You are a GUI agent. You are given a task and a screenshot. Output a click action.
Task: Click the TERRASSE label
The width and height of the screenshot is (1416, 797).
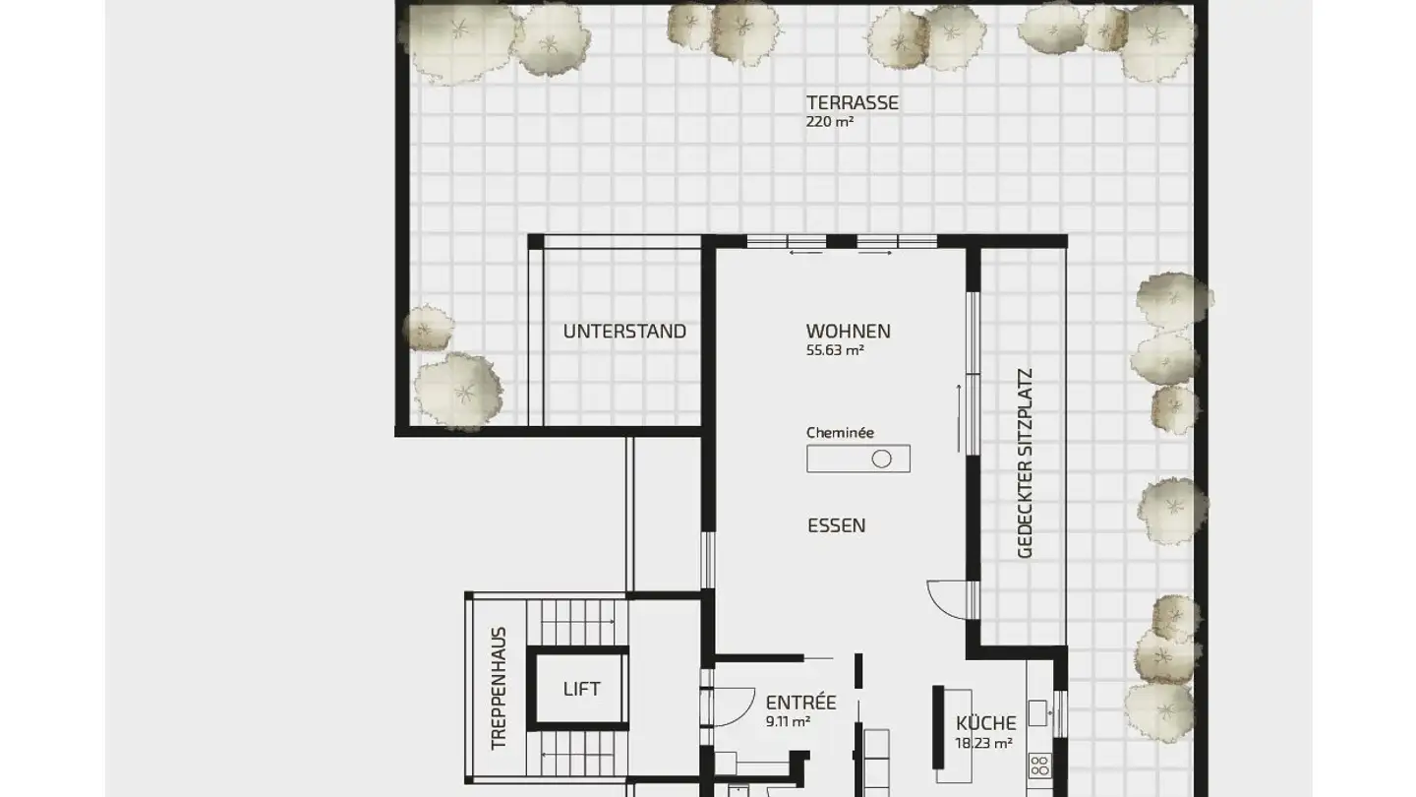[x=852, y=102]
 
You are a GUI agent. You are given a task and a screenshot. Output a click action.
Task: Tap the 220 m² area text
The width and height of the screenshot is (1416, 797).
[x=830, y=123]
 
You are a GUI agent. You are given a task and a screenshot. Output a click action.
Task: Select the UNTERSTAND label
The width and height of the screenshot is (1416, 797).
[x=624, y=332]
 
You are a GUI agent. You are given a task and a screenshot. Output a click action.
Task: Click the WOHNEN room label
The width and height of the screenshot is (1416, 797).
[x=848, y=332]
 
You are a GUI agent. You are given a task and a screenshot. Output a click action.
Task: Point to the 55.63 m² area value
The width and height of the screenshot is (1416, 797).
[x=834, y=350]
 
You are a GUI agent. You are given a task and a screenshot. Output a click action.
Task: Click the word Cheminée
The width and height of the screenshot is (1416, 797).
[x=840, y=432]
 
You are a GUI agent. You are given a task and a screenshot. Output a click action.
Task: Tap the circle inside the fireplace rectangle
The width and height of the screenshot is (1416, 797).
[x=881, y=459]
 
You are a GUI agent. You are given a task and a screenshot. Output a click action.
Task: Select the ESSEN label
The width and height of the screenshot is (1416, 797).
[x=836, y=525]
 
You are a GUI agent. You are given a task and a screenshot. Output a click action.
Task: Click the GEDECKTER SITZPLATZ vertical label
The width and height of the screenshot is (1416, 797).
[x=1025, y=464]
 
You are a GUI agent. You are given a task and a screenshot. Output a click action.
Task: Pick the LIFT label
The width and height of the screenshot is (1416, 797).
[x=581, y=689]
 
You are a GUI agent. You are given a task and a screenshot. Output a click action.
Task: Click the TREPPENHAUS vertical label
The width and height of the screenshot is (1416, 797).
[x=500, y=689]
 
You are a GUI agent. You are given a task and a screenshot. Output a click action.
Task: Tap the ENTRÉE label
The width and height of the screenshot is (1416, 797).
[x=800, y=703]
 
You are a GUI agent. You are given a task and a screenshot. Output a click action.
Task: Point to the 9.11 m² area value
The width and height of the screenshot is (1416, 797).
[x=788, y=721]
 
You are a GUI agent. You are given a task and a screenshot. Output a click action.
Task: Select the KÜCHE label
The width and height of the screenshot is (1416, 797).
[x=985, y=723]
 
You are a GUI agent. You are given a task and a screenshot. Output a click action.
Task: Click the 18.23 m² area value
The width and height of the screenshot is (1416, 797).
[x=983, y=744]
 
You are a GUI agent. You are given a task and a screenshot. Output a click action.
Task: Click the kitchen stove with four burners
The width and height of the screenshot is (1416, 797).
[x=1038, y=766]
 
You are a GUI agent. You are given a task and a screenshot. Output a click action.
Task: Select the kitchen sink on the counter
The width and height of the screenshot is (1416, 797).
[x=1037, y=711]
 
